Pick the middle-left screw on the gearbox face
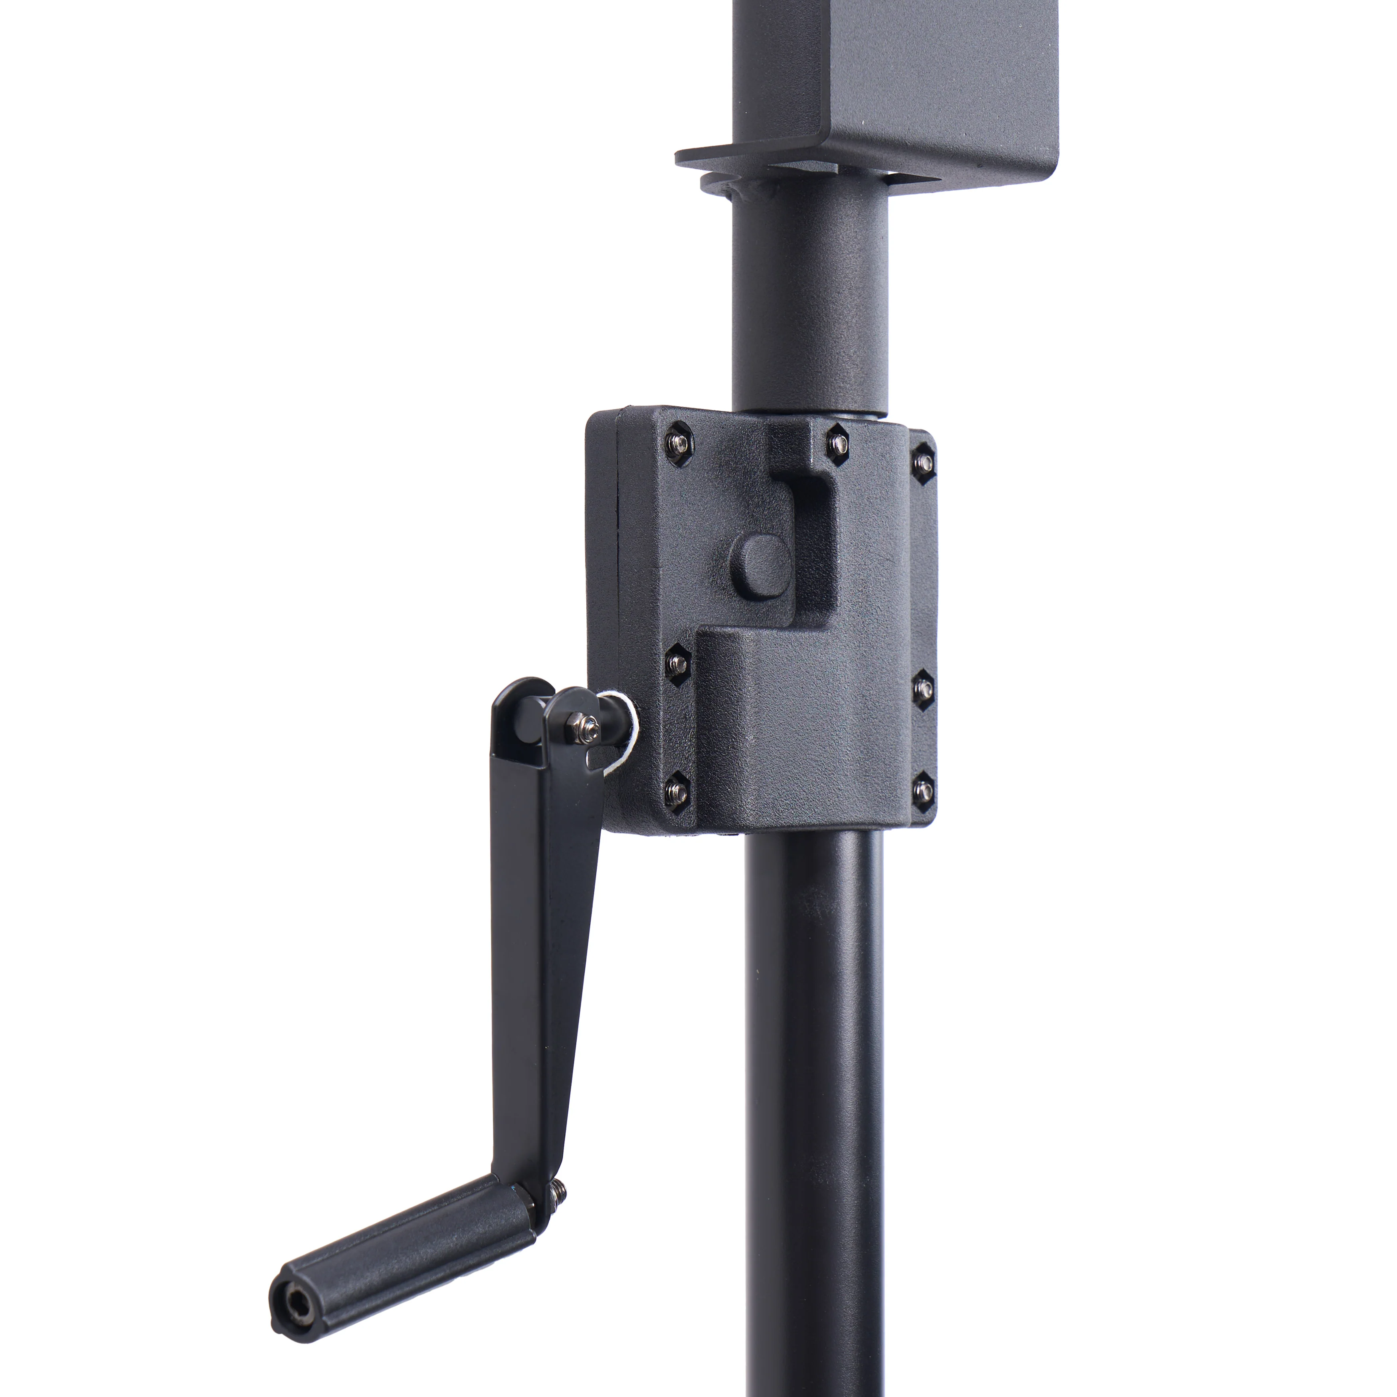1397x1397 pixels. [x=677, y=661]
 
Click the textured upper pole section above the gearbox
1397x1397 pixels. [x=810, y=304]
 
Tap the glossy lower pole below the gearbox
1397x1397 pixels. [x=813, y=1084]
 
